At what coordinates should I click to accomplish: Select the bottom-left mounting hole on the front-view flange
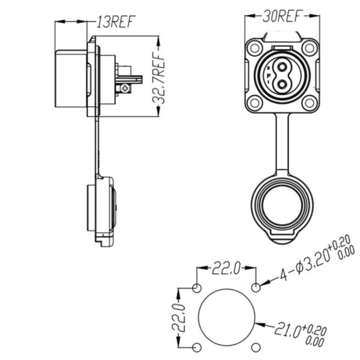254,103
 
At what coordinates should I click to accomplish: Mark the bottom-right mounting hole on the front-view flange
308,103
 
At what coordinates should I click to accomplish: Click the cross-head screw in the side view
125,89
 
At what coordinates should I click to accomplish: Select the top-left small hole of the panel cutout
197,288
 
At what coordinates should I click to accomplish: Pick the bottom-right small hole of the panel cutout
256,347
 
